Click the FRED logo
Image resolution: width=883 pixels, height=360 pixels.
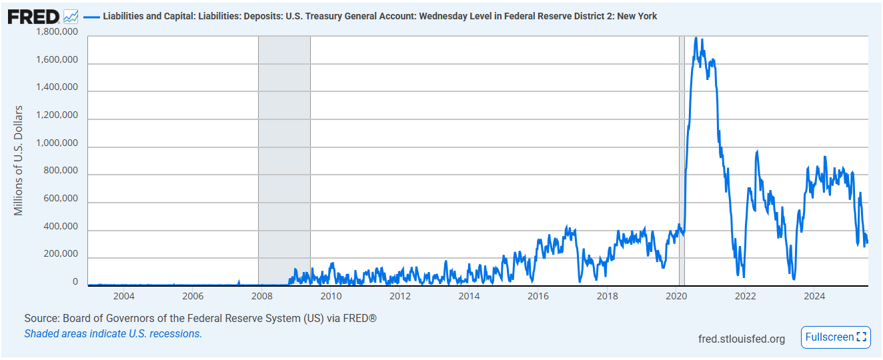[x=33, y=16]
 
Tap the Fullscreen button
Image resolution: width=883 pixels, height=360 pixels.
[x=836, y=337]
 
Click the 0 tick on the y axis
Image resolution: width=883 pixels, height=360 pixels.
[x=75, y=283]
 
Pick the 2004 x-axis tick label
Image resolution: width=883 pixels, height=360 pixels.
[x=124, y=296]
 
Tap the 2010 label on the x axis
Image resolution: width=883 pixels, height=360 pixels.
[x=331, y=296]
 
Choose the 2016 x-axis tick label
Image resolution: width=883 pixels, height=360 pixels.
[x=538, y=296]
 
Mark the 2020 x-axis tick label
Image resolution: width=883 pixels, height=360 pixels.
[x=676, y=296]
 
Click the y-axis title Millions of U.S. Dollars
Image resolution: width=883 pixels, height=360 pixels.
[x=19, y=160]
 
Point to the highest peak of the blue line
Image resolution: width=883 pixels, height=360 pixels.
[x=696, y=38]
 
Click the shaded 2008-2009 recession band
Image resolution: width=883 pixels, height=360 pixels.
[x=284, y=160]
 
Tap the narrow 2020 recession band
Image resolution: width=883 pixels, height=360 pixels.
[x=682, y=160]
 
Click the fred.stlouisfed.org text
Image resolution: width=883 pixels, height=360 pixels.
[x=741, y=339]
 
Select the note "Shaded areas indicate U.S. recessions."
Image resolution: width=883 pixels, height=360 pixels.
[x=113, y=333]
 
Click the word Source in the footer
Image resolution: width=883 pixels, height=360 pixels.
[x=41, y=319]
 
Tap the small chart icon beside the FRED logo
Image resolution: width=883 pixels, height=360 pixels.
[x=71, y=16]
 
